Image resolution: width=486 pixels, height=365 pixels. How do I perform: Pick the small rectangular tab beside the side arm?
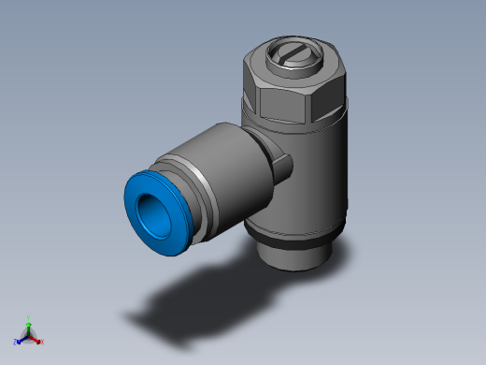(283, 167)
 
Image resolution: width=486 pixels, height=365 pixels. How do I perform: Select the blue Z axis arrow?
(21, 340)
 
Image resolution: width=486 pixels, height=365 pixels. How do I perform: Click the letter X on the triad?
(42, 343)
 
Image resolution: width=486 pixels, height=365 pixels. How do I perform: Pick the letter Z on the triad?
(16, 343)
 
